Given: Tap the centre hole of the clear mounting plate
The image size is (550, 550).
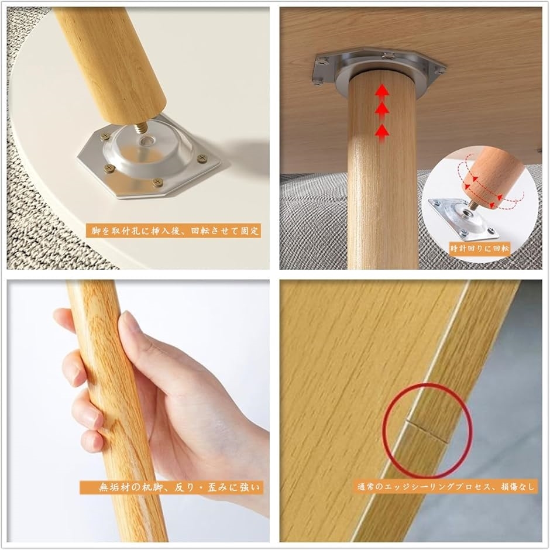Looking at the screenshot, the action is (x=145, y=141).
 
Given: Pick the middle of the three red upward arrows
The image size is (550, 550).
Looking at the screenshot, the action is (x=382, y=109).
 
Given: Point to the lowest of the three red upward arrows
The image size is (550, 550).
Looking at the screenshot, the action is (x=382, y=131).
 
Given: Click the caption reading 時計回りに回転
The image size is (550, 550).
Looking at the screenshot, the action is (x=480, y=248).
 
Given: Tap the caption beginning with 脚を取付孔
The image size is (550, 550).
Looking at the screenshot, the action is (x=174, y=231).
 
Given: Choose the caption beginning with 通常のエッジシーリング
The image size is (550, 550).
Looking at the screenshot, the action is (x=445, y=486).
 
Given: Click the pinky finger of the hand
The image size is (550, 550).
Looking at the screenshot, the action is (x=92, y=439).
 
